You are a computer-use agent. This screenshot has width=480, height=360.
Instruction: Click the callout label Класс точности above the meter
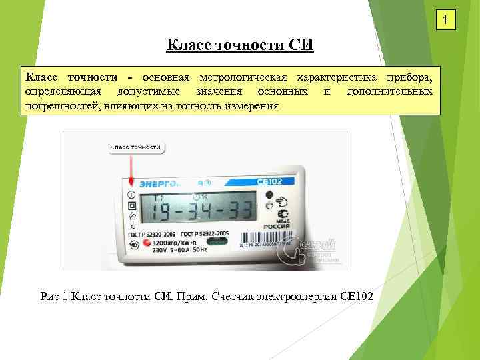[x=135, y=146]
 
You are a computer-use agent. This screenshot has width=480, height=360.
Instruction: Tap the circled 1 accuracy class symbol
[x=131, y=195]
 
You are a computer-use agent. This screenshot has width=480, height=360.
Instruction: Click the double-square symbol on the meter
[x=132, y=206]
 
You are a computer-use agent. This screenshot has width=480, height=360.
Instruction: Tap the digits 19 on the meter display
[x=161, y=212]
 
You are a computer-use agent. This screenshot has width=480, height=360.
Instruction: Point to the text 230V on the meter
[x=160, y=252]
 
